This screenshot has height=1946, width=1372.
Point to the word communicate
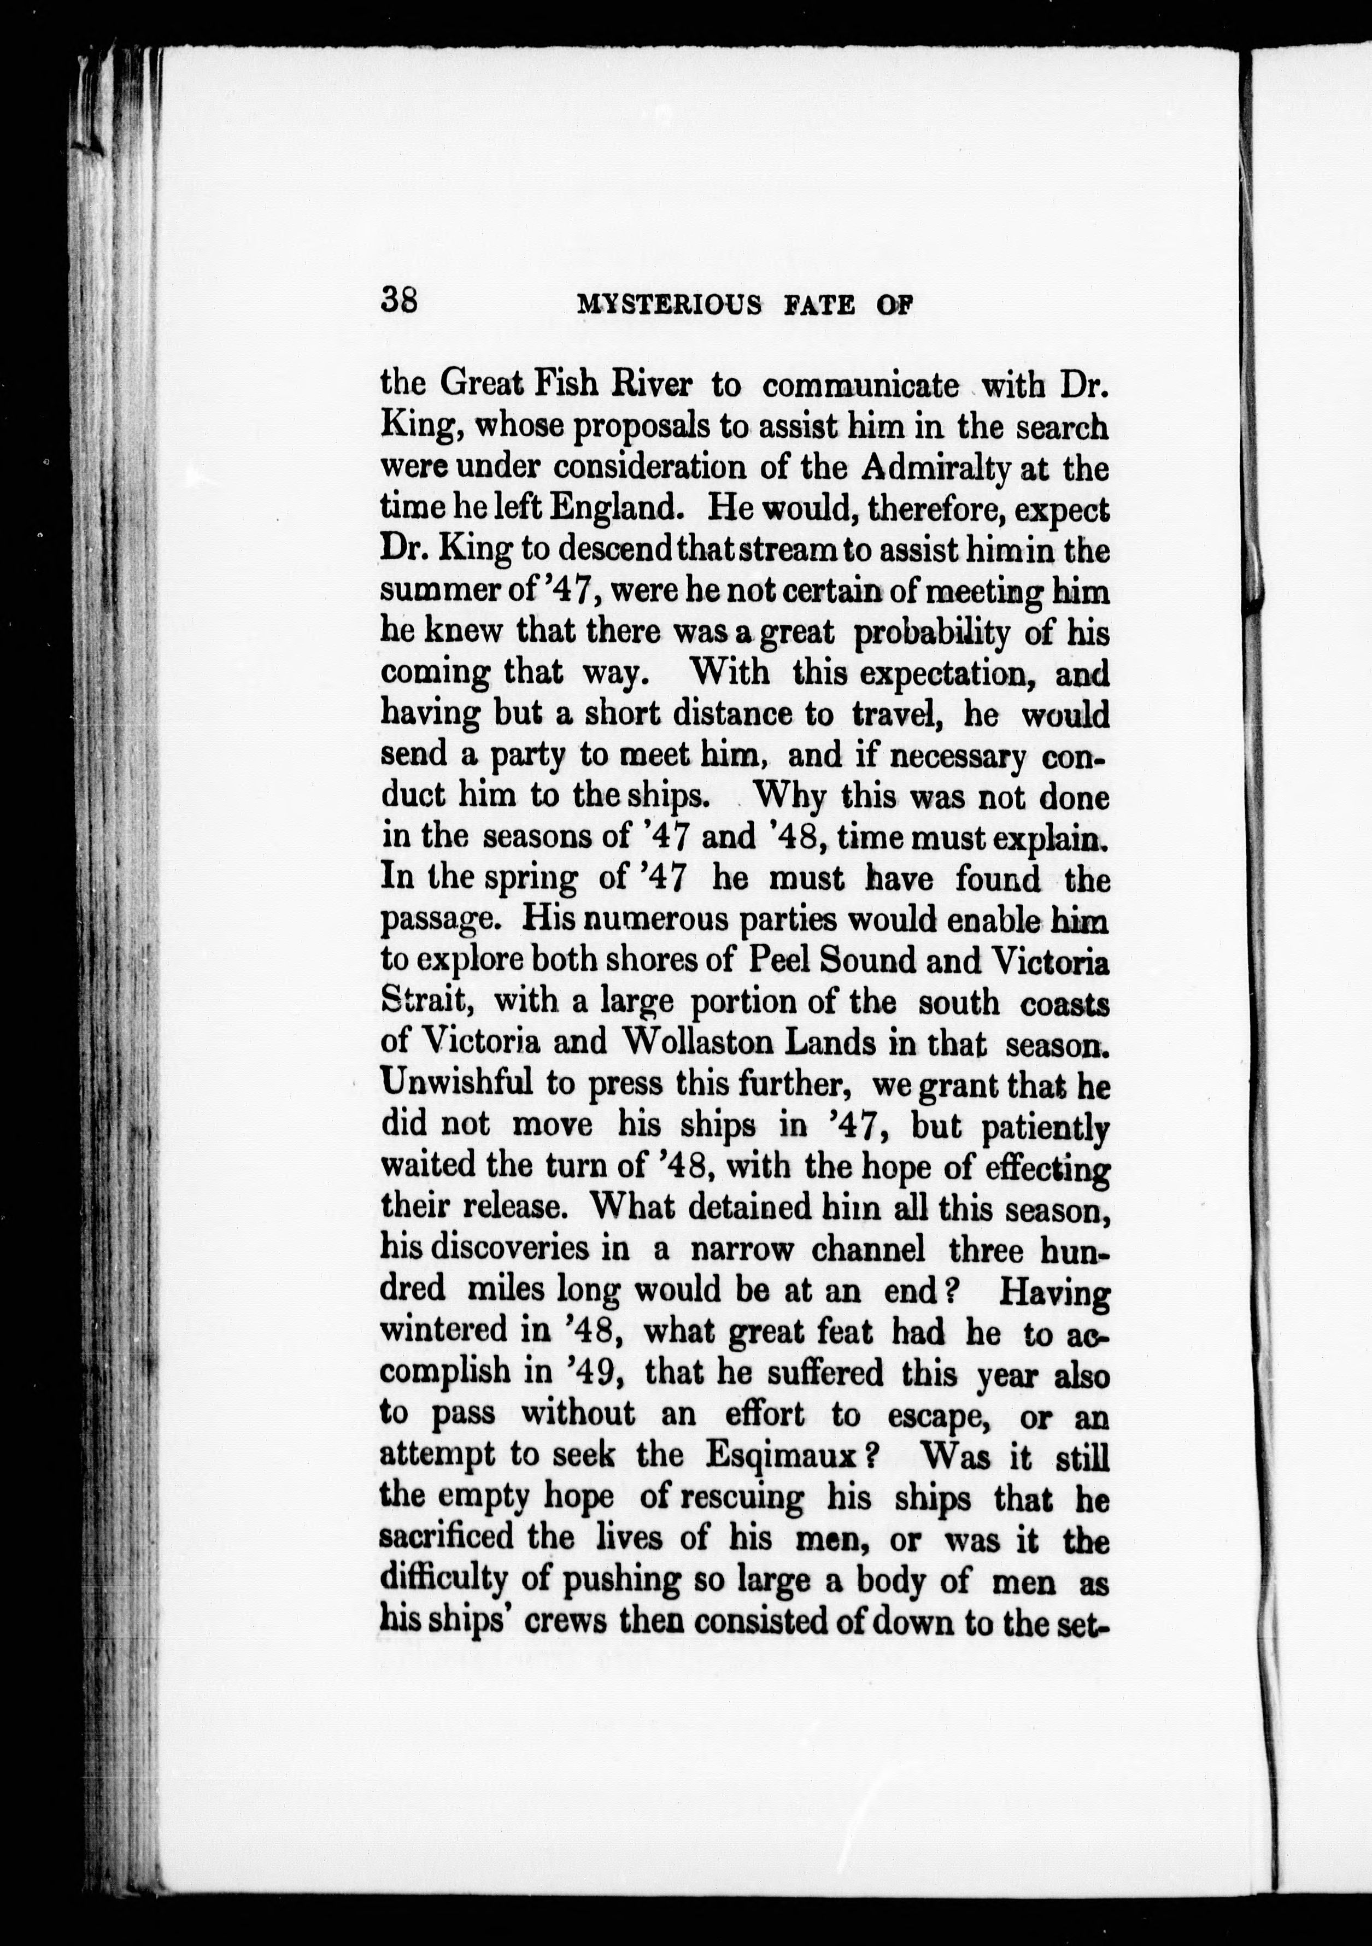pos(861,385)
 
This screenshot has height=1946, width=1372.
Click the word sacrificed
pos(447,1537)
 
